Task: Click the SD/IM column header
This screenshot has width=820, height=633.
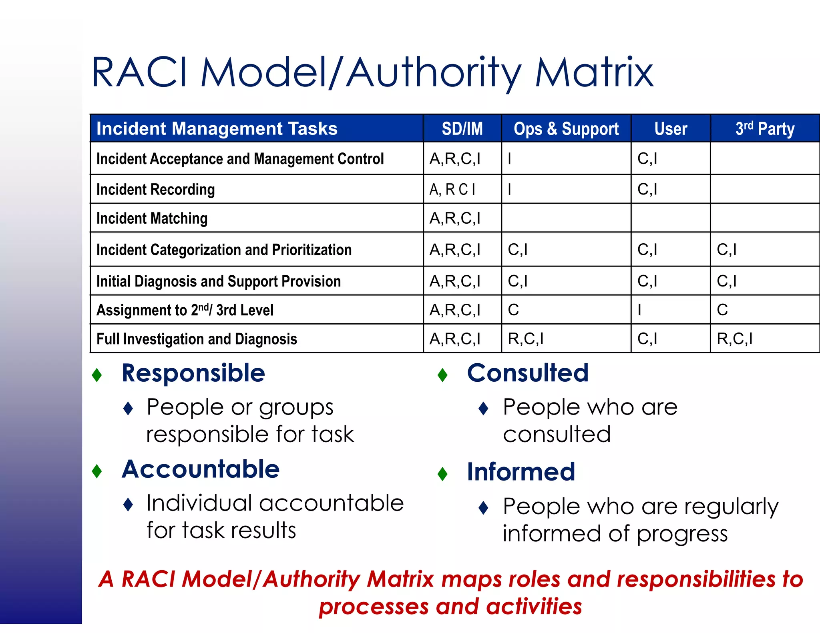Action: click(462, 129)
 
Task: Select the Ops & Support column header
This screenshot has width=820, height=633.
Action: click(566, 129)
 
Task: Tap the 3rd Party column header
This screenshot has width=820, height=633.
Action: click(764, 129)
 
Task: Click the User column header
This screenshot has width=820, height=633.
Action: click(671, 129)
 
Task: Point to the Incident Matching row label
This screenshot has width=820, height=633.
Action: click(152, 218)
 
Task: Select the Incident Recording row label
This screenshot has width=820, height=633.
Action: click(155, 189)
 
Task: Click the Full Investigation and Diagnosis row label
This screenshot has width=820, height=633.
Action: click(197, 339)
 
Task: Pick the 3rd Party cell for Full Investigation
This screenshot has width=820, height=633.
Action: click(734, 339)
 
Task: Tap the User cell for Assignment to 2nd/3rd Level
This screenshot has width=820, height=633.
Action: click(639, 310)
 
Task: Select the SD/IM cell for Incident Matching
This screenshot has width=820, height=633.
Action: click(455, 218)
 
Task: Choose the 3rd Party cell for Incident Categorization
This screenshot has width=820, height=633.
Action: click(726, 250)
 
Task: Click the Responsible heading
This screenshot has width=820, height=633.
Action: click(193, 373)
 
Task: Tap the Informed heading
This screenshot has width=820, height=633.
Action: click(521, 472)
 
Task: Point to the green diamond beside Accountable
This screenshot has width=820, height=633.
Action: click(97, 471)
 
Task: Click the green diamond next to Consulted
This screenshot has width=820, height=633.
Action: click(442, 375)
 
